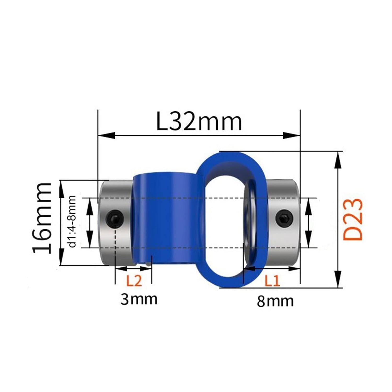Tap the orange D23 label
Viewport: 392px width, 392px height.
click(353, 220)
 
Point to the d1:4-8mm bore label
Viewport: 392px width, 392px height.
click(72, 221)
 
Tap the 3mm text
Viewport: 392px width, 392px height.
click(139, 299)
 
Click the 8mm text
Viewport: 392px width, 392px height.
click(275, 301)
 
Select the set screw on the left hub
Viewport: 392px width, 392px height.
click(115, 217)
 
